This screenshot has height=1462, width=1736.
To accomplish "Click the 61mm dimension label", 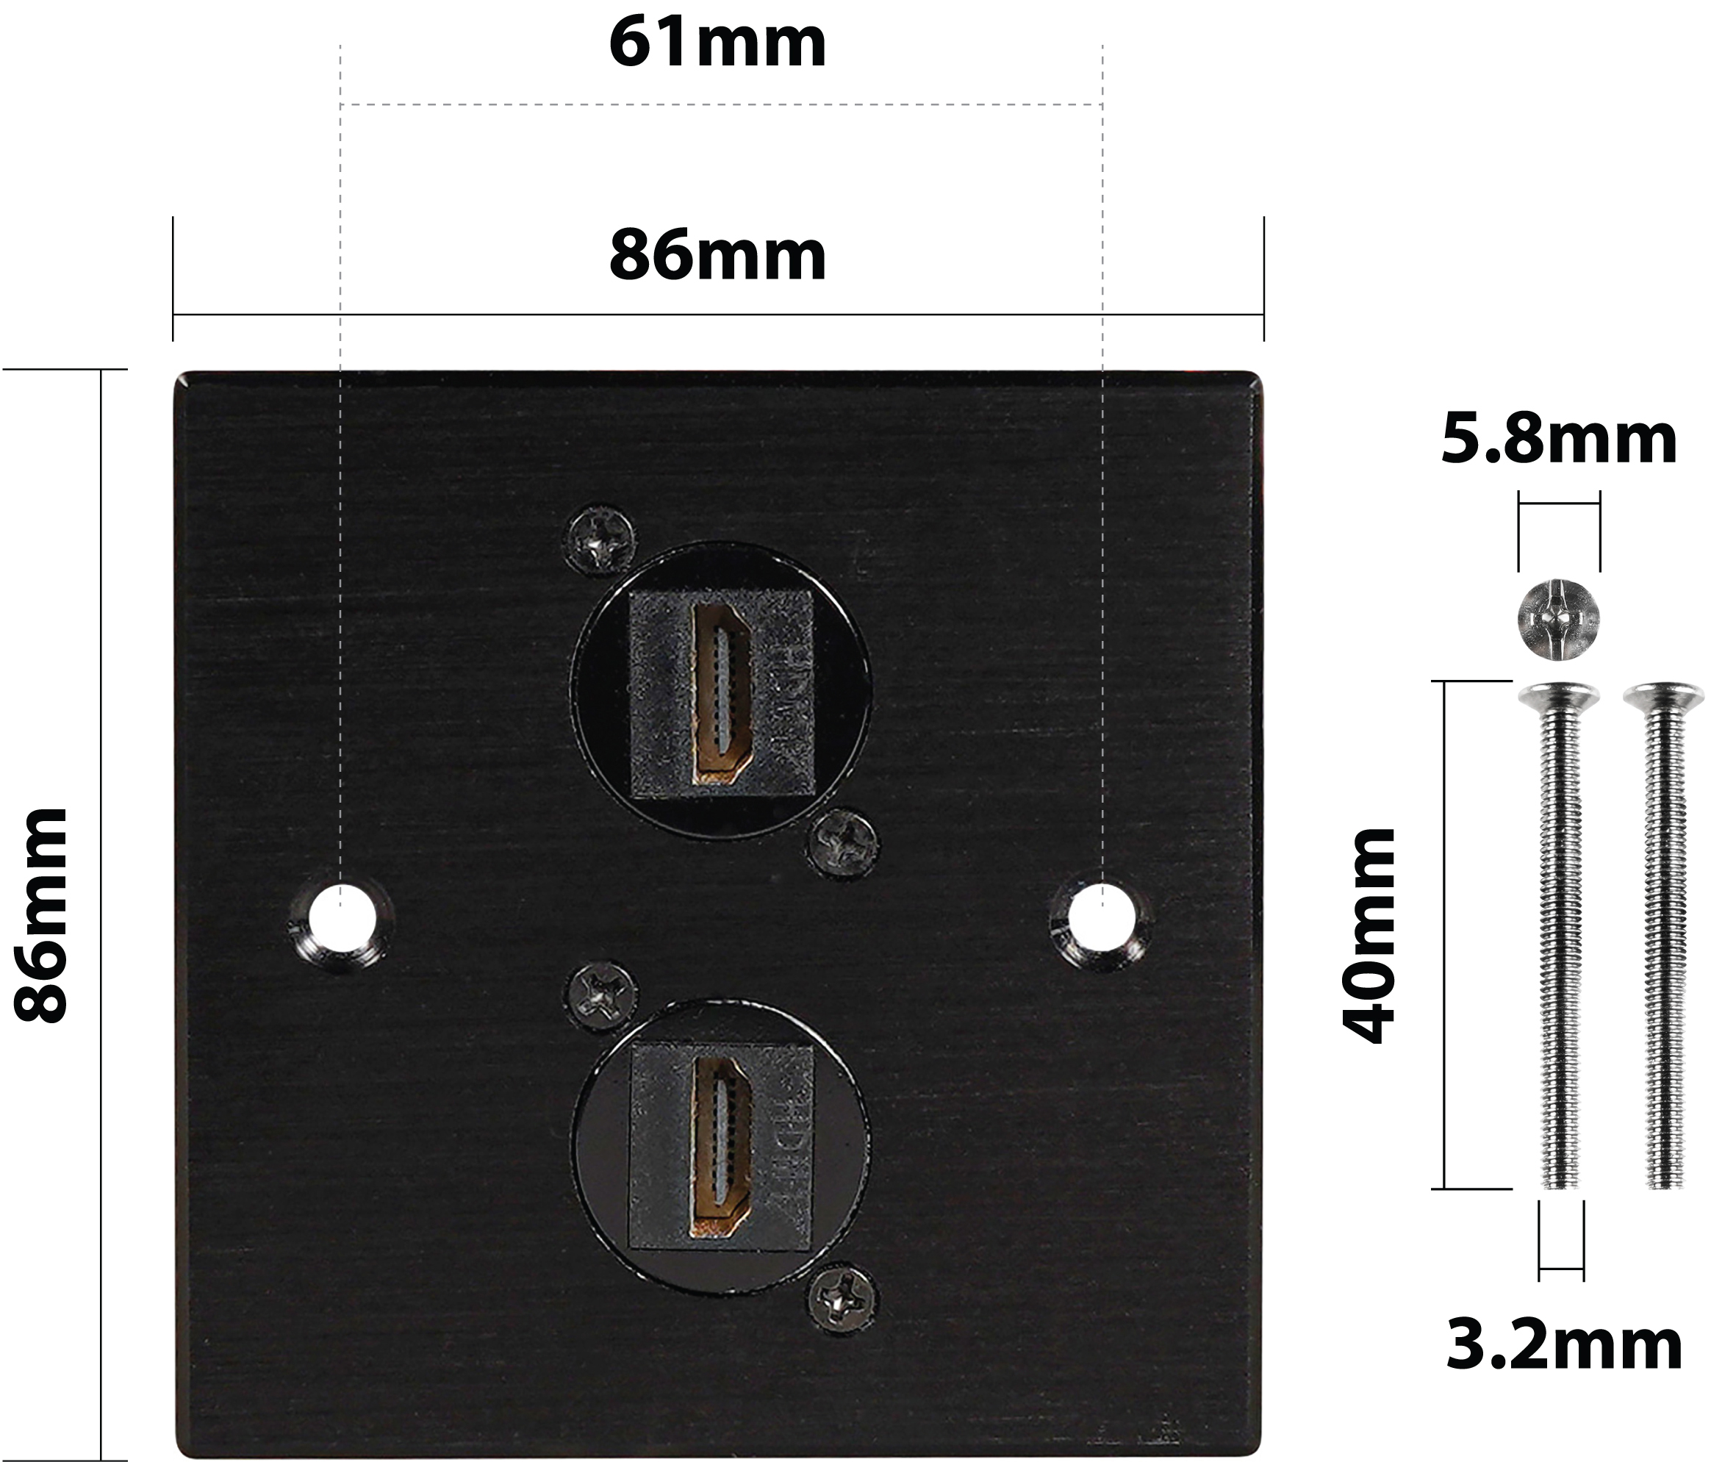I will [x=717, y=43].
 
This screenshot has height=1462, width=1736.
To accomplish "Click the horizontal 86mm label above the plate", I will [x=717, y=255].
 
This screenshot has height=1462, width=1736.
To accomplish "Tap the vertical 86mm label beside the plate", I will [x=41, y=915].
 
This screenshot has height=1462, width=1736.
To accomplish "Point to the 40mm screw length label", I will [x=1370, y=935].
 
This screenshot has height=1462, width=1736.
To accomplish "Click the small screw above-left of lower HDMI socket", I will [x=603, y=994].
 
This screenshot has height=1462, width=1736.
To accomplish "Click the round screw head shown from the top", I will [x=1558, y=619].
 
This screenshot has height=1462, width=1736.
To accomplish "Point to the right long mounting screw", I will [x=1664, y=936].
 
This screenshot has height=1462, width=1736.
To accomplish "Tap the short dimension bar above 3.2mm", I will [x=1561, y=1269].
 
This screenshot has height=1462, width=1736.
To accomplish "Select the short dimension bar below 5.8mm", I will [x=1559, y=503].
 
